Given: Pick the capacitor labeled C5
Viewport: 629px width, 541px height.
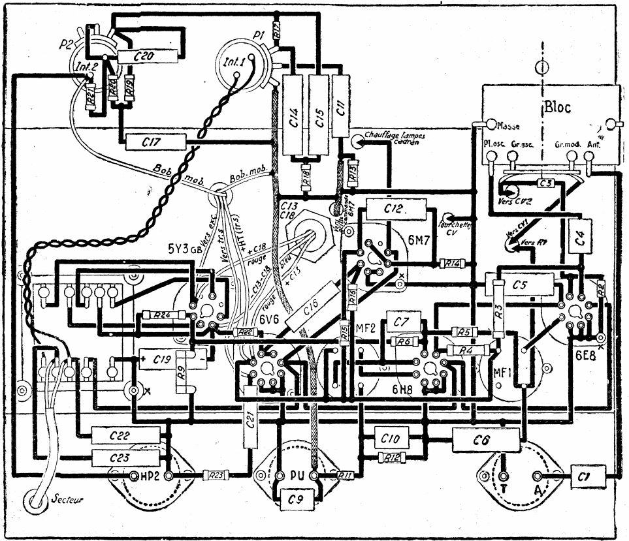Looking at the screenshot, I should [x=520, y=285].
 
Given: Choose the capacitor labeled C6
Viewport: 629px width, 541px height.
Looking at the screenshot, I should [x=484, y=441].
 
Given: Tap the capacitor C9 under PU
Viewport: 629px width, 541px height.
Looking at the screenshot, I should [x=296, y=500].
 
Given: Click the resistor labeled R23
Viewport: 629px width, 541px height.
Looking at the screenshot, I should [x=216, y=476].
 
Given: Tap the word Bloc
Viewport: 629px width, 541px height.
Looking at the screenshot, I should [x=556, y=107].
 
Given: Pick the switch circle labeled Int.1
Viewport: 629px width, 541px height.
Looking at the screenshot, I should [x=233, y=63].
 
